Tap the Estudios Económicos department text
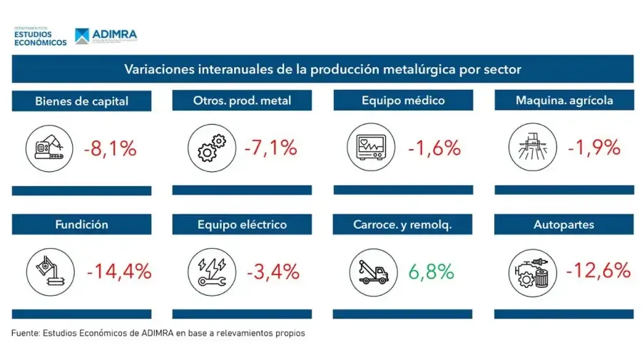pos(40,38)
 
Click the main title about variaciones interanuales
pos(322,69)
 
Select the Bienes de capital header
pos(81,101)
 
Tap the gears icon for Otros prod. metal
pos(207,149)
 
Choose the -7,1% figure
pos(270,149)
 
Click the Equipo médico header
pos(403,101)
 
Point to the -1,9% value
pos(593,149)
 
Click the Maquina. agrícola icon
pos(529,149)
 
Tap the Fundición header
pos(81,225)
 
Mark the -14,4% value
pos(119,272)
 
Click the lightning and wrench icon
pos(207,272)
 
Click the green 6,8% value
pos(431,272)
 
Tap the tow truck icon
pos(369,272)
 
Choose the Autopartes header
pos(564,225)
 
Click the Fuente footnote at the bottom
pos(158,333)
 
